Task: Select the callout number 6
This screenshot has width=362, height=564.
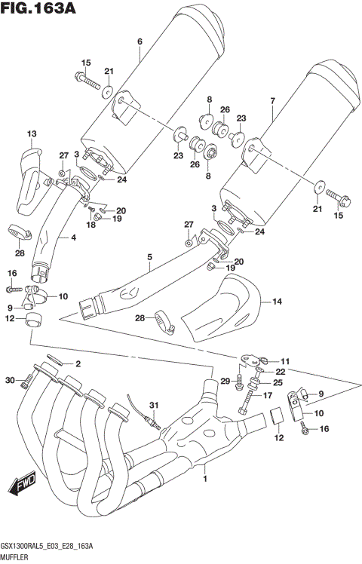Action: (140, 41)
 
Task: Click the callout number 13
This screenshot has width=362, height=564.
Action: (31, 134)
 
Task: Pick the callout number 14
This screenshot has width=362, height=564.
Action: (276, 302)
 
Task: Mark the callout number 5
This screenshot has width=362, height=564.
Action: (149, 257)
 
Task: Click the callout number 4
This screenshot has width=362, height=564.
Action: (73, 238)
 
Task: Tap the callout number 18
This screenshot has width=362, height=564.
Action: (91, 225)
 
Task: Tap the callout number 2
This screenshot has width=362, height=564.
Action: (77, 363)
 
